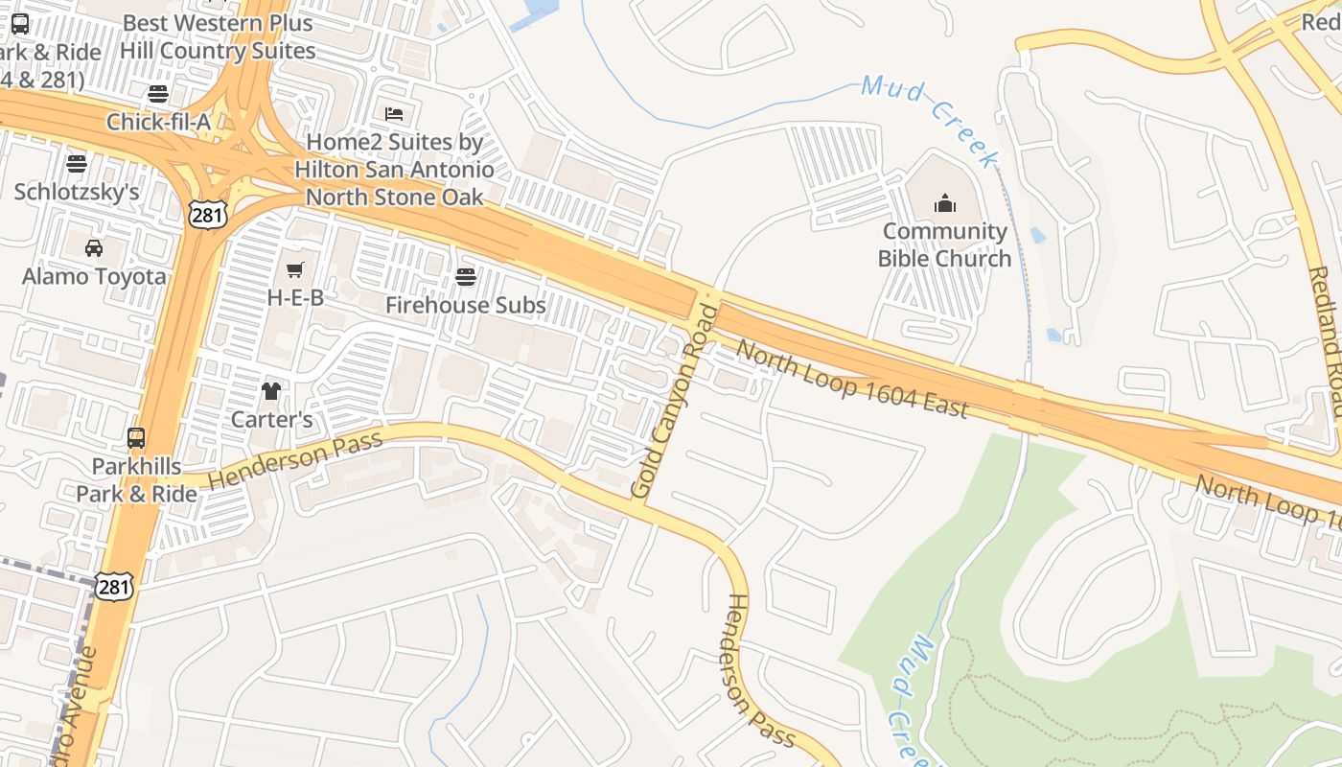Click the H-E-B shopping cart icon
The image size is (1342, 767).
coord(295,270)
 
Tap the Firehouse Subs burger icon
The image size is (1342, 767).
coord(466,278)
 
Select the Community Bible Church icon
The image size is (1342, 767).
coord(945,203)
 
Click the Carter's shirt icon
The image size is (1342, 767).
coord(272,391)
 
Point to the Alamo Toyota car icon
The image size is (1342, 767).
coord(94,248)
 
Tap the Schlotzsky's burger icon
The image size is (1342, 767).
coord(77,164)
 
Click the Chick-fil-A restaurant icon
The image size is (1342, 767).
coord(158,94)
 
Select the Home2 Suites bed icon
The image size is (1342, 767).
coord(394,114)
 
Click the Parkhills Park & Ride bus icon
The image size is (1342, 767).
coord(136,438)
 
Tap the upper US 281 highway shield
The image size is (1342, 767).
coord(208,214)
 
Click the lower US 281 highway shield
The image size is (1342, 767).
coord(113,586)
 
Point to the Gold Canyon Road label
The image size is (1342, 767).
coord(675,401)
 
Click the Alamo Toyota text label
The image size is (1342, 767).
coord(94,277)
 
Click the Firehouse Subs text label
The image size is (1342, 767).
coord(466,306)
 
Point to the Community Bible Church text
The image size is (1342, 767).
coord(945,244)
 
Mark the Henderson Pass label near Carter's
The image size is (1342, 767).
coord(295,459)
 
